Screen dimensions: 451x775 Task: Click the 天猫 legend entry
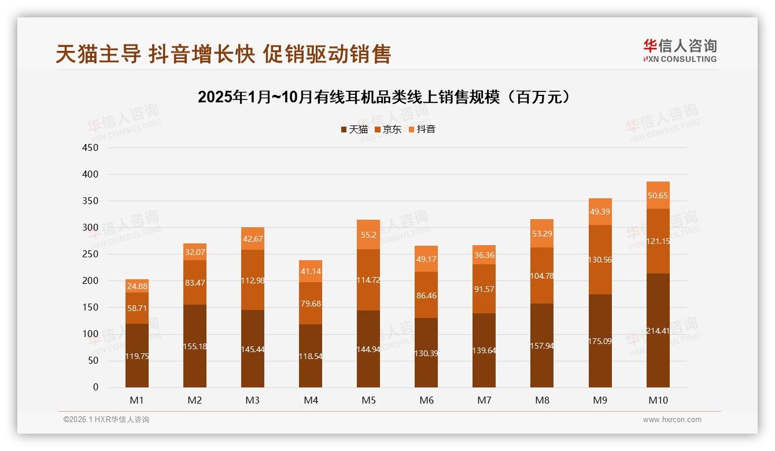(x=354, y=130)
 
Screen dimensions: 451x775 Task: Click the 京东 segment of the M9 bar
(x=600, y=260)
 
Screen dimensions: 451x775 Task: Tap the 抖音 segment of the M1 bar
(x=137, y=286)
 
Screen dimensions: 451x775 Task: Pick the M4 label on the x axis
(x=311, y=400)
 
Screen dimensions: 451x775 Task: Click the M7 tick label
(x=484, y=400)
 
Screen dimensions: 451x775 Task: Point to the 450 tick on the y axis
(x=91, y=147)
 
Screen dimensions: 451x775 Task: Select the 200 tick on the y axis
(x=91, y=281)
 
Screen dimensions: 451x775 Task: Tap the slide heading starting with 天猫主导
(x=223, y=54)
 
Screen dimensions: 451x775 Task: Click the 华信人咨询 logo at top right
(x=680, y=50)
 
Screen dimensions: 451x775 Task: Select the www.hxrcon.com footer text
(x=672, y=420)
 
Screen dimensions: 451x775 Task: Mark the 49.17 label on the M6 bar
(x=426, y=259)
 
